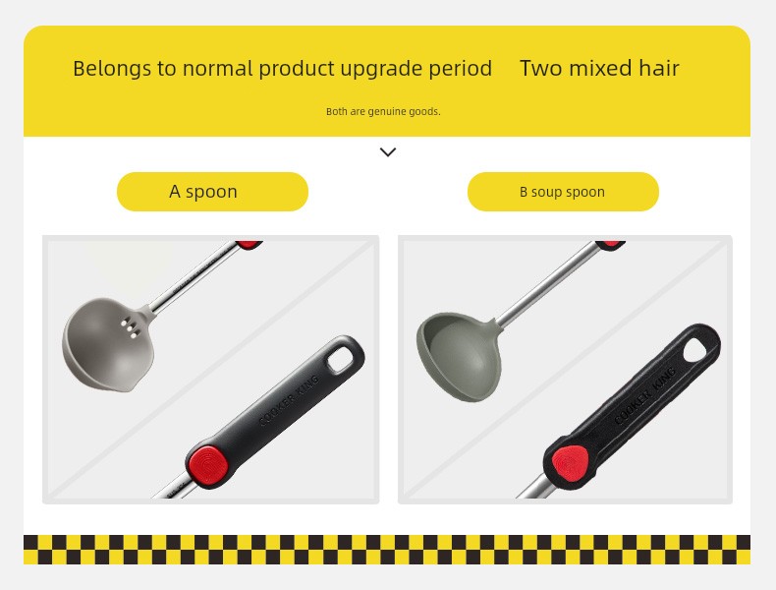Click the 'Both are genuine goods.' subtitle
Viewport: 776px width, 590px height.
click(x=383, y=112)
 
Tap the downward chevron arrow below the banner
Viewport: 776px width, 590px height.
click(x=388, y=152)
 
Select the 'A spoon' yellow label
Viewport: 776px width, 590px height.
click(x=212, y=192)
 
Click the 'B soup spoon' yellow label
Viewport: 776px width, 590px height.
click(x=563, y=192)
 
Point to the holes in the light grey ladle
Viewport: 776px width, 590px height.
click(x=131, y=326)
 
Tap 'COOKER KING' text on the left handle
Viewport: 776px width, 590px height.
click(x=289, y=401)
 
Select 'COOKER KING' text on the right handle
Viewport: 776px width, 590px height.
click(x=644, y=395)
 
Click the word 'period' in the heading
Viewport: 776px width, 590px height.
click(x=461, y=70)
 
